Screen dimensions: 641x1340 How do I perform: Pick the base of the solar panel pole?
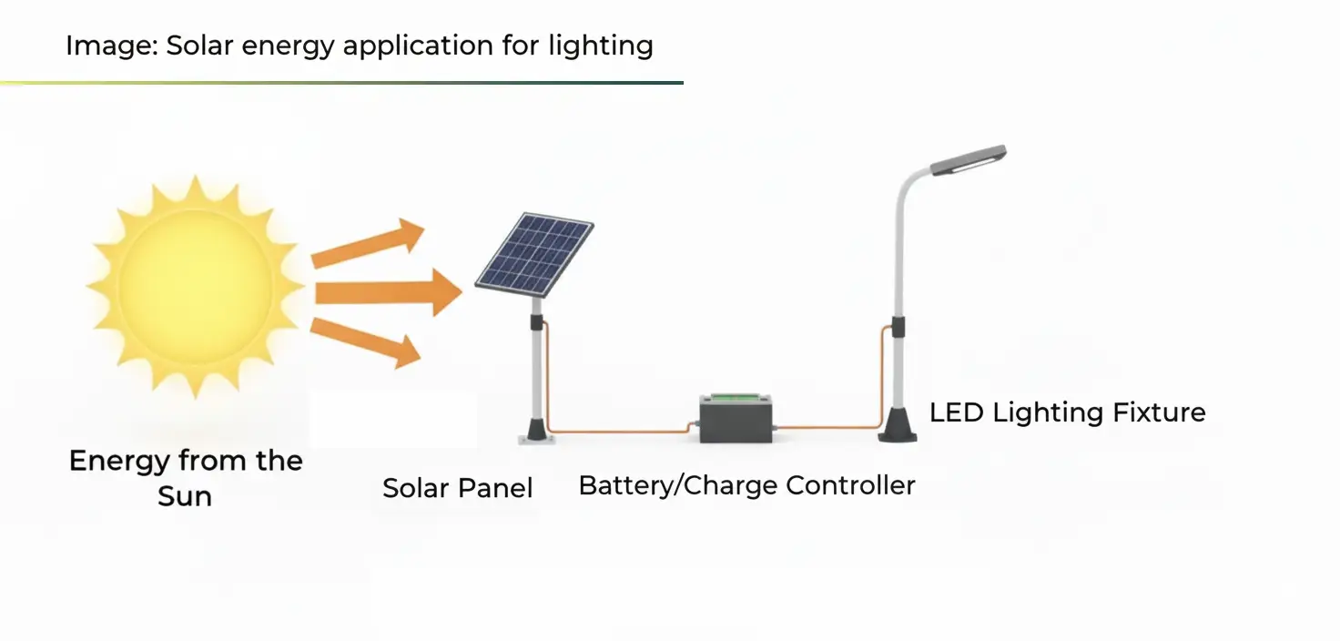point(535,429)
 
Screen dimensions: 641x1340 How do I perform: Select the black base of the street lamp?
point(897,424)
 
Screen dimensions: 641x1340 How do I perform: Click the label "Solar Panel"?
point(457,488)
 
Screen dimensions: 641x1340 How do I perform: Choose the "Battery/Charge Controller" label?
point(746,485)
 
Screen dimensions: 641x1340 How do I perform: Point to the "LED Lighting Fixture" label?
point(1067,412)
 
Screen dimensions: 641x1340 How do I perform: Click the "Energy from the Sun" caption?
point(186,477)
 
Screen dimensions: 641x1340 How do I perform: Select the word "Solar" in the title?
point(198,46)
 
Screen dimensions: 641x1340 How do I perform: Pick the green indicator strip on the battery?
point(736,397)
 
